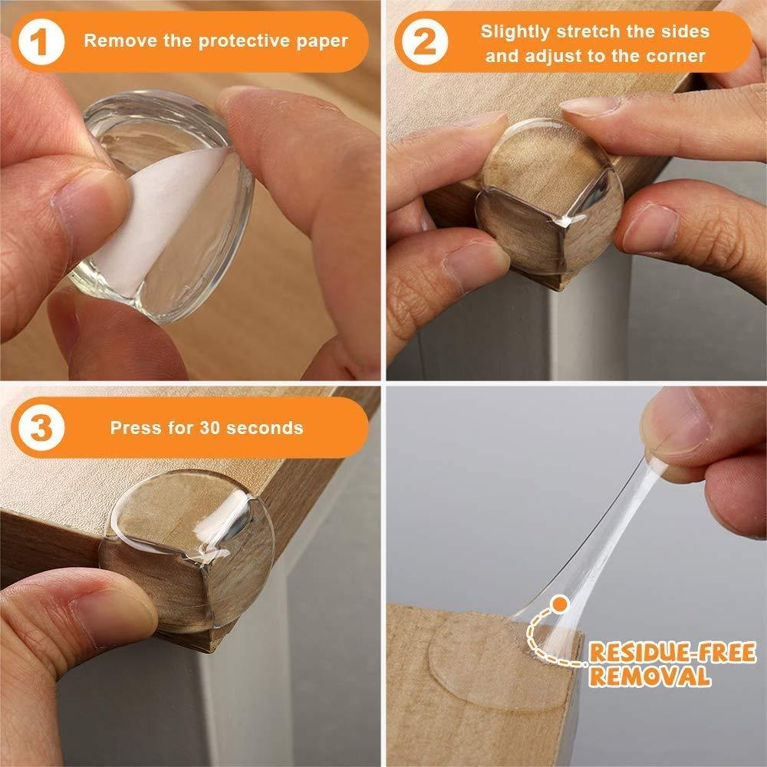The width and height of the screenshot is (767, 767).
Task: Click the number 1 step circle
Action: [x=41, y=41]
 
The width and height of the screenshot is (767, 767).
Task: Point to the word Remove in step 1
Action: [x=114, y=41]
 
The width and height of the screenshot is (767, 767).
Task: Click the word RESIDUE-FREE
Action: [x=672, y=653]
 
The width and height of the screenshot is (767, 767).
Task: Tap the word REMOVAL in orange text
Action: [x=649, y=676]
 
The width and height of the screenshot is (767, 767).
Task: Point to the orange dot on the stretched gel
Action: [x=561, y=605]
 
